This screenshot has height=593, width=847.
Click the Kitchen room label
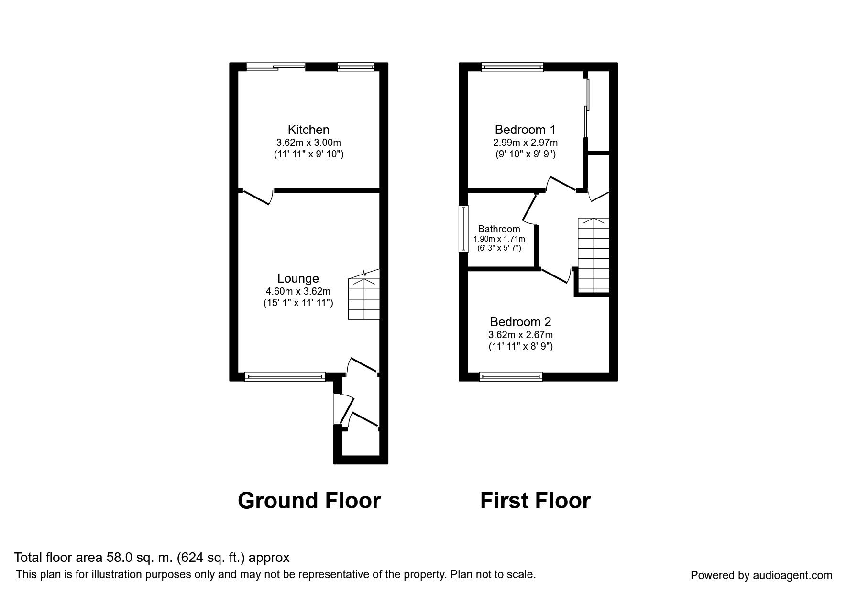(x=308, y=130)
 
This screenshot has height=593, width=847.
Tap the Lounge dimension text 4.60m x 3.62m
(x=298, y=291)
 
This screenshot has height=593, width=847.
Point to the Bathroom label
(x=499, y=229)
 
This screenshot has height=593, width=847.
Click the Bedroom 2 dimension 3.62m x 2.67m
(x=520, y=335)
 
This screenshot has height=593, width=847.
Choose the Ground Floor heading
(x=309, y=501)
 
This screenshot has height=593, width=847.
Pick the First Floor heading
(x=535, y=501)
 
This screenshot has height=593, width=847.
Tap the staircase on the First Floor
(x=594, y=255)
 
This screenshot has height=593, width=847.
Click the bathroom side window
(x=463, y=229)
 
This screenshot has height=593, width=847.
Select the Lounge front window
(x=285, y=377)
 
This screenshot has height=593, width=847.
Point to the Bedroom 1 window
(x=512, y=67)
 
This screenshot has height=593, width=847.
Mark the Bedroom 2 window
(x=511, y=377)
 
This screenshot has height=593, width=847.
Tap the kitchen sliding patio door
(x=275, y=67)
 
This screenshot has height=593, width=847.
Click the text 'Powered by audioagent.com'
(x=761, y=575)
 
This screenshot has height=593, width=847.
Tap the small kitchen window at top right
(x=355, y=67)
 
